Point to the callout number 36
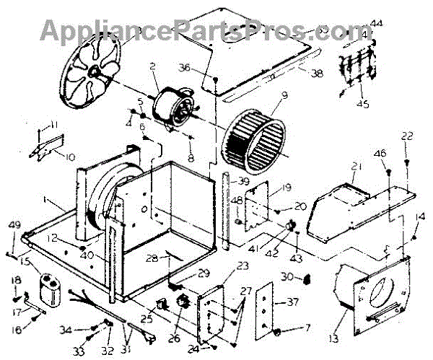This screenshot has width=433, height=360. click(184, 68)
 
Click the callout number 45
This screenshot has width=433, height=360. click(362, 103)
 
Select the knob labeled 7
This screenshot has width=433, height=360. click(276, 331)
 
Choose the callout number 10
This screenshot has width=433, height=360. click(70, 157)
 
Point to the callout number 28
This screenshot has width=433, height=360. click(152, 258)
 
